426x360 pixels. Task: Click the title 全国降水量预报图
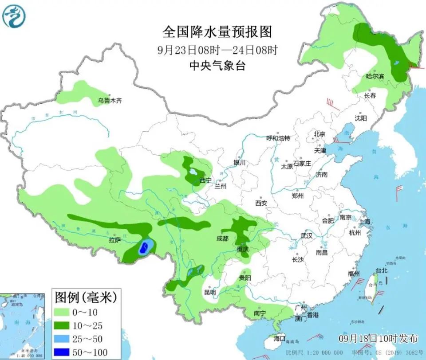click(217, 32)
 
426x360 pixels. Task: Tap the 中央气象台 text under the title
click(217, 66)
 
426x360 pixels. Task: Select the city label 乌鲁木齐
click(110, 101)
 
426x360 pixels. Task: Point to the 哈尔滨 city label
click(375, 77)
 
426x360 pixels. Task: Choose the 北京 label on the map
click(319, 134)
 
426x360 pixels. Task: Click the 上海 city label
click(365, 222)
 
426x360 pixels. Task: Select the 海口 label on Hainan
click(280, 338)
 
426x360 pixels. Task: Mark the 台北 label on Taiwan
click(382, 270)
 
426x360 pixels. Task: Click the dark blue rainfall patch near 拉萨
click(143, 249)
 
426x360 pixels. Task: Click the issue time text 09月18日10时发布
click(378, 339)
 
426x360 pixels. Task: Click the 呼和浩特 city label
click(278, 138)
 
